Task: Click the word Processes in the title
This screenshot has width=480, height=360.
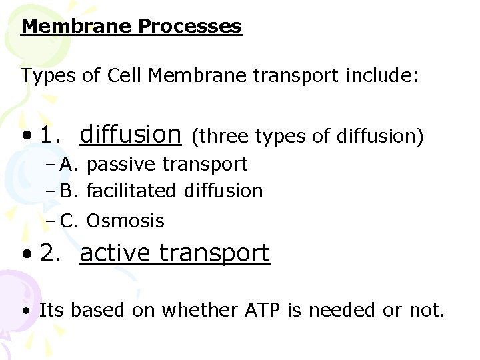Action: [189, 27]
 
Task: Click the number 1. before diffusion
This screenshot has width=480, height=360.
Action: [51, 135]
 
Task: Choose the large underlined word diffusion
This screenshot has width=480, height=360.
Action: [130, 135]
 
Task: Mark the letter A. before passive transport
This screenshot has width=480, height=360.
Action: [71, 164]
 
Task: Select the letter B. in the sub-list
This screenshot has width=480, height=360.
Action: [71, 191]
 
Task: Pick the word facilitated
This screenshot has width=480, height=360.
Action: [130, 191]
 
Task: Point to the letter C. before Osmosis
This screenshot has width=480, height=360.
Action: [71, 221]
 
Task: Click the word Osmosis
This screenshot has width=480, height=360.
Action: [125, 221]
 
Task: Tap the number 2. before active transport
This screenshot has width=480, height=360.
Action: [51, 253]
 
